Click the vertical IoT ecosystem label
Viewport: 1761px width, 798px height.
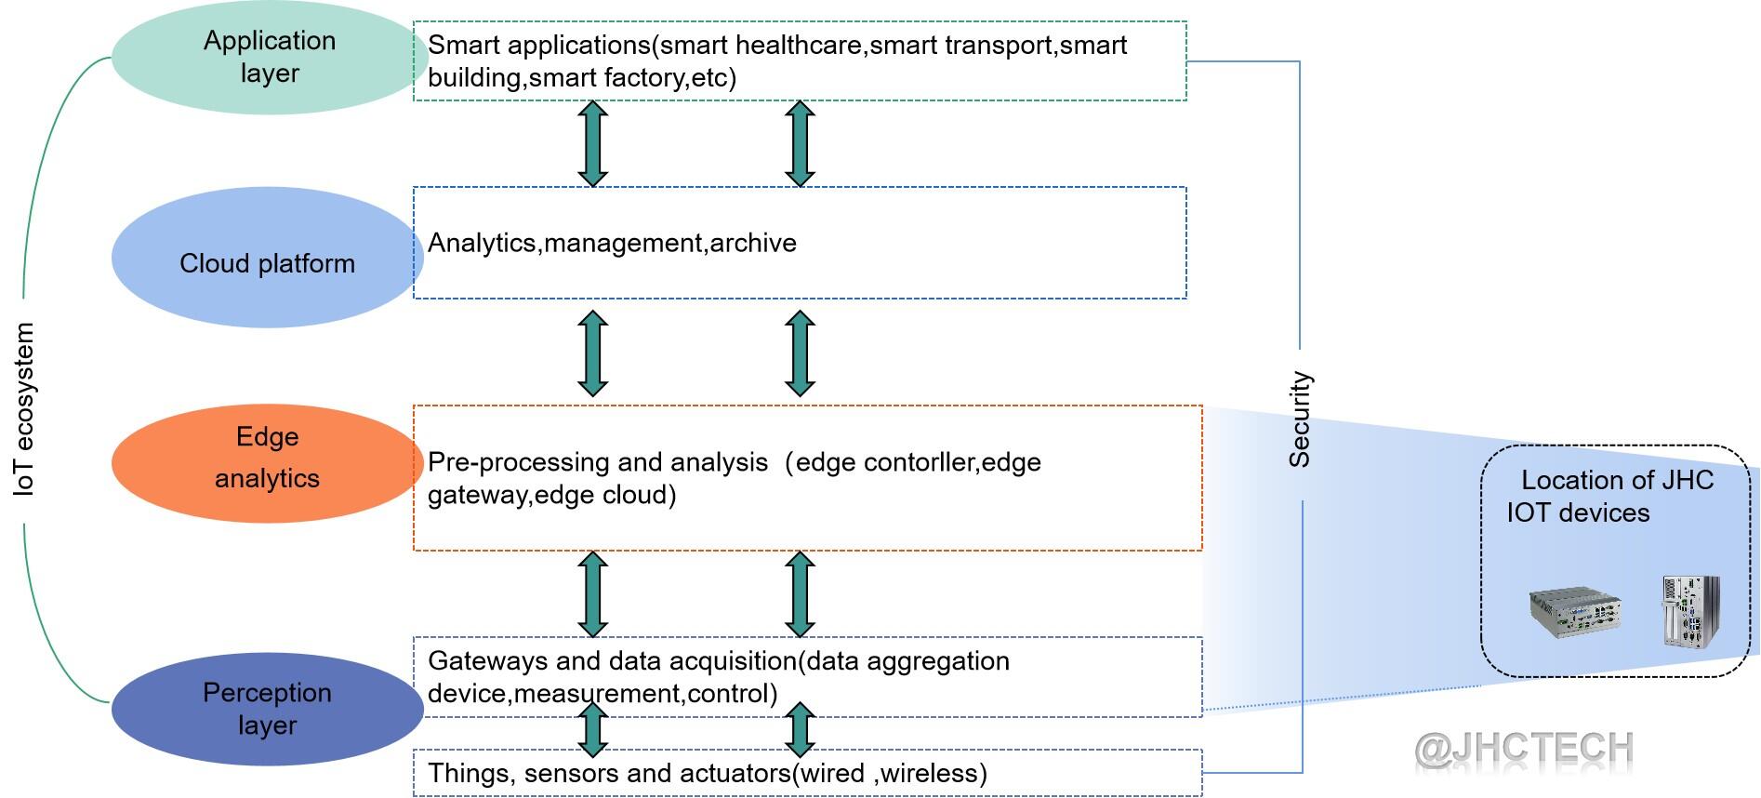[x=24, y=409]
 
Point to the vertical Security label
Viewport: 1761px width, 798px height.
[x=1300, y=419]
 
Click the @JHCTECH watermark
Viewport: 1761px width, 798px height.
[x=1524, y=749]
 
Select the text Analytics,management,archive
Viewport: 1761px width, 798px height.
[x=612, y=244]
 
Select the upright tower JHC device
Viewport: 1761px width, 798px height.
[x=1691, y=611]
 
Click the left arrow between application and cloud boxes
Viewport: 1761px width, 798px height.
[x=593, y=143]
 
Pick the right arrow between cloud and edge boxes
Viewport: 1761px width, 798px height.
[x=800, y=352]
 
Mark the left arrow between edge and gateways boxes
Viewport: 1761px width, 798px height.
[x=593, y=593]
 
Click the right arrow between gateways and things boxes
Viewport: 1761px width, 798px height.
[x=800, y=730]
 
